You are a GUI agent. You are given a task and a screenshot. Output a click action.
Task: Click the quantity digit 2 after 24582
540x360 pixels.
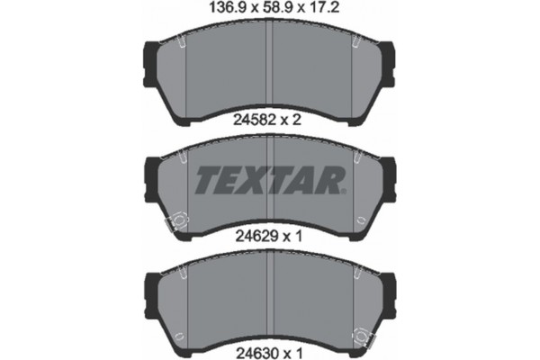click(x=298, y=116)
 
